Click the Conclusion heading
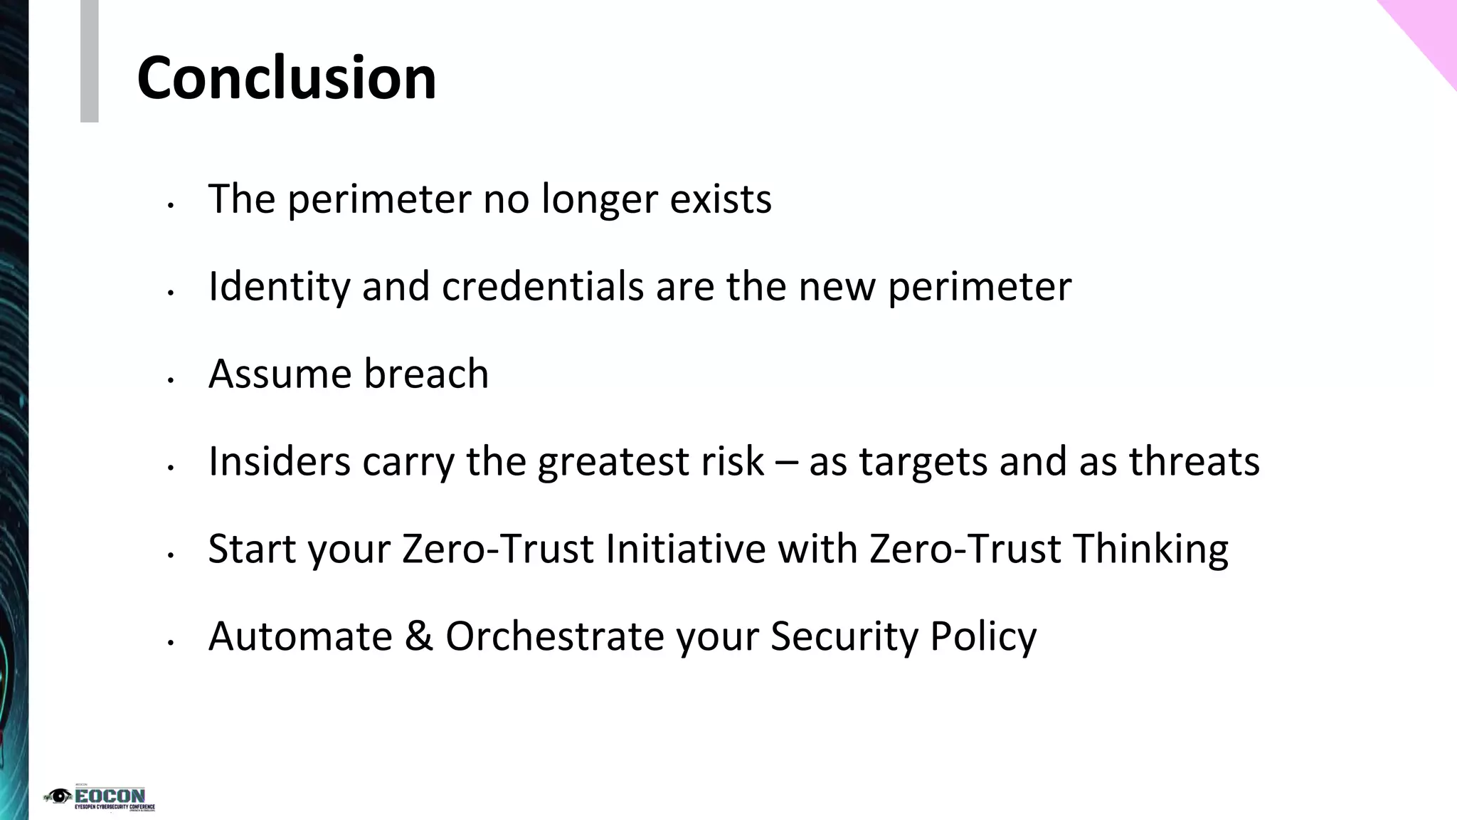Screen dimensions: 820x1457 tap(286, 78)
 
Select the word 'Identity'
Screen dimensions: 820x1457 tap(279, 286)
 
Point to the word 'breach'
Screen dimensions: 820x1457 tap(426, 374)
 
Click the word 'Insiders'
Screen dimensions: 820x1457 tap(279, 461)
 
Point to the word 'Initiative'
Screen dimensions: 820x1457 tap(685, 549)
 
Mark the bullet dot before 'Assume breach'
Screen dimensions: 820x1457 tap(170, 381)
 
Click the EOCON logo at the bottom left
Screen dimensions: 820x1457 tap(100, 799)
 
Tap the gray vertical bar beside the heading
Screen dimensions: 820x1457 tap(89, 61)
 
